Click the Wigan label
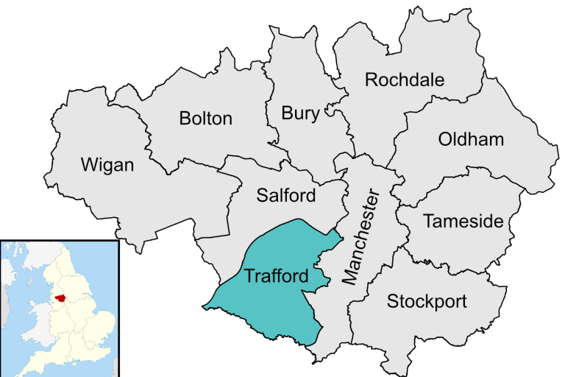point(107,164)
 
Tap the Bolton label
point(206,118)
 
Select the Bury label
point(301,113)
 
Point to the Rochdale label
point(405,80)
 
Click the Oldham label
point(471,139)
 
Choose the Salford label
point(286,195)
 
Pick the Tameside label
point(463,221)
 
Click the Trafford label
point(276,277)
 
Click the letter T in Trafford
point(249,277)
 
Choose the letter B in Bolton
point(185,118)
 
